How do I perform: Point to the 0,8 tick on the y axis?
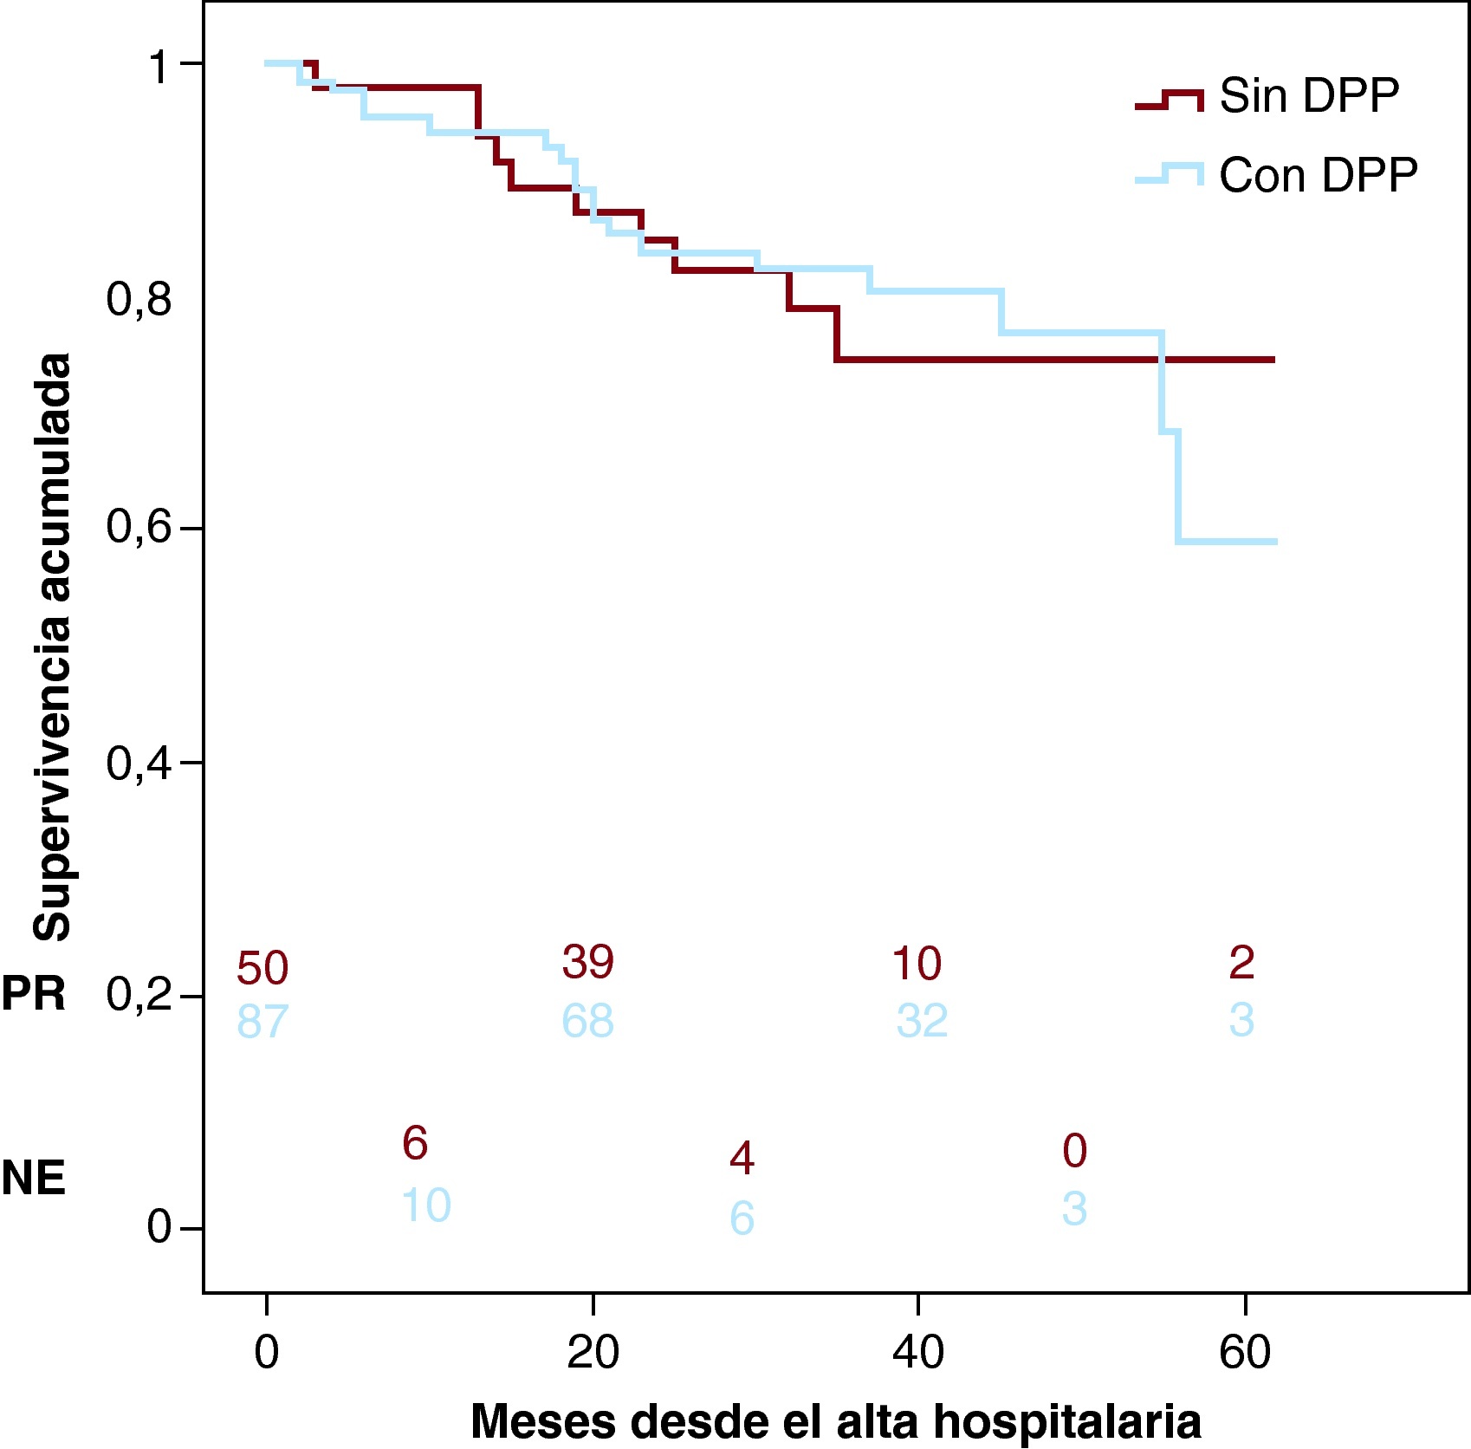[x=139, y=299]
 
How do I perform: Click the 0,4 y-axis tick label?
[x=139, y=763]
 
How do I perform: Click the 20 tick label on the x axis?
[x=593, y=1352]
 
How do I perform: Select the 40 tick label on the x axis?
[x=918, y=1352]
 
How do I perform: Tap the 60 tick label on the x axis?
[x=1244, y=1352]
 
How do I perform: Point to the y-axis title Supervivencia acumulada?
[x=52, y=647]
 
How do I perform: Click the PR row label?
[x=34, y=993]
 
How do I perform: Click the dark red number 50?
[x=262, y=968]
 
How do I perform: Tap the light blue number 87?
[x=262, y=1022]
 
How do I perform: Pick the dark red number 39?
[x=588, y=962]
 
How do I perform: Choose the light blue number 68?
[x=588, y=1021]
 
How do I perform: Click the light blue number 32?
[x=922, y=1021]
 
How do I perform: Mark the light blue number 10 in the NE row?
[x=426, y=1205]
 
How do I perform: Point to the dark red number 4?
[x=742, y=1158]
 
